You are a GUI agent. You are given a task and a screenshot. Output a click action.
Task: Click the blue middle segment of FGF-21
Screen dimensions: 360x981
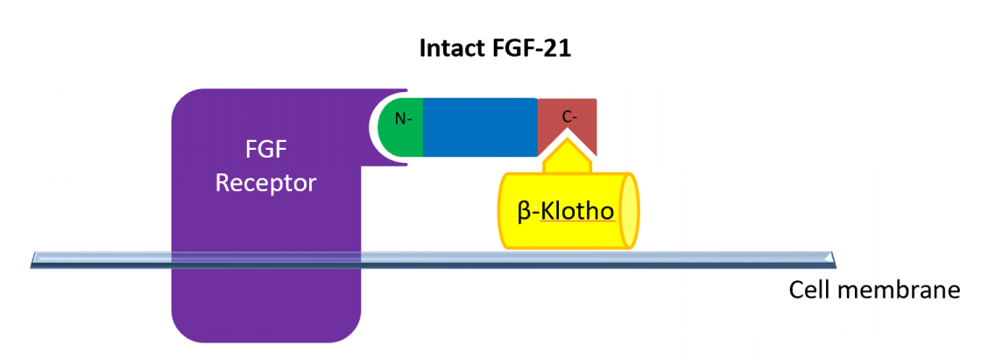pyautogui.click(x=480, y=127)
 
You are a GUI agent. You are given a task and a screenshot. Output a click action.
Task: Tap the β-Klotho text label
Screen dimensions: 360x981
pyautogui.click(x=565, y=211)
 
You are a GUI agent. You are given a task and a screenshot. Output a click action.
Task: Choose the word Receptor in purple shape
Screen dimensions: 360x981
pyautogui.click(x=266, y=183)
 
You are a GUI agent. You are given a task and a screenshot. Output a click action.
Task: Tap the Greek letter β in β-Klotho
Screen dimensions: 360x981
pyautogui.click(x=524, y=212)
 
